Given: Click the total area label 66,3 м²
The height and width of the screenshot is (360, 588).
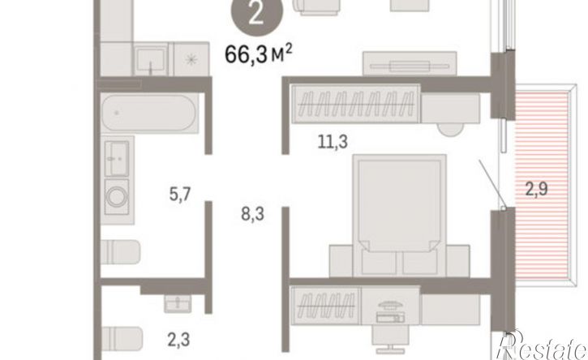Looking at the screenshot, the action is (259, 54).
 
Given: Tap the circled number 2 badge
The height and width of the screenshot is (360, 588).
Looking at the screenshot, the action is (255, 15).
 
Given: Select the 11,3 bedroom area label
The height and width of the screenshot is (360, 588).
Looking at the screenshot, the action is (333, 142).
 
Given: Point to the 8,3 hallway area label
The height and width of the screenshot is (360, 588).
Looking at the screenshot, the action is (252, 214).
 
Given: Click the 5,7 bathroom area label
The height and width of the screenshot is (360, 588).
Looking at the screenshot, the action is (180, 194).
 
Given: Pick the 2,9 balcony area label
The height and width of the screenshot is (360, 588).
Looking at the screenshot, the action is (536, 189).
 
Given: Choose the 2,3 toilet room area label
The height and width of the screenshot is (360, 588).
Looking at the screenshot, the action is (178, 340).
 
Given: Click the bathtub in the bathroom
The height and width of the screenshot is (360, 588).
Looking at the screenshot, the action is (149, 113).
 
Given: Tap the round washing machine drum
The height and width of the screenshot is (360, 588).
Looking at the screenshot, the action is (117, 196).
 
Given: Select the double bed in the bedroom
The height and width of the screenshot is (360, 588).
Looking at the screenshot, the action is (399, 216).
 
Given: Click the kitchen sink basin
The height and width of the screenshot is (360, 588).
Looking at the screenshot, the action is (150, 59).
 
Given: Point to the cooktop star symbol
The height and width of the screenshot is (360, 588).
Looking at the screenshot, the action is (191, 59).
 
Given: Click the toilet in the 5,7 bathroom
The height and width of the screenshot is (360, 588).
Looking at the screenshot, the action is (120, 251).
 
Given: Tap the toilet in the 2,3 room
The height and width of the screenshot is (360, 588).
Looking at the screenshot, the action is (122, 339).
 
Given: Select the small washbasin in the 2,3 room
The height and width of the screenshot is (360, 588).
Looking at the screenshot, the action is (178, 303).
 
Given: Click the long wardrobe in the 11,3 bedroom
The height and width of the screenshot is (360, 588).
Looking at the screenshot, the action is (355, 104).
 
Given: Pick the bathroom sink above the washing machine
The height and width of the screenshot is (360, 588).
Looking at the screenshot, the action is (117, 158).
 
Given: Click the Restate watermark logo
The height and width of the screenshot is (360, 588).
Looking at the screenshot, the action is (542, 345).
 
